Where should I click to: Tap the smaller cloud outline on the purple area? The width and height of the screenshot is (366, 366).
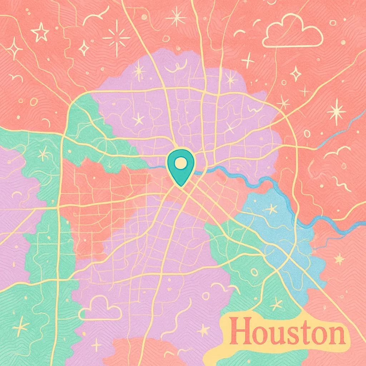tap(100, 308)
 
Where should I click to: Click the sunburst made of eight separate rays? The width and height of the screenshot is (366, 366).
tap(117, 37)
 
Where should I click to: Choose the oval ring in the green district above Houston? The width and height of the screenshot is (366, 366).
tap(254, 272)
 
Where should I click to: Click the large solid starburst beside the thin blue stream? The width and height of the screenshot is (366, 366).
tap(336, 112)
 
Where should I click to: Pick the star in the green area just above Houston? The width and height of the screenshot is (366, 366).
tap(276, 305)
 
